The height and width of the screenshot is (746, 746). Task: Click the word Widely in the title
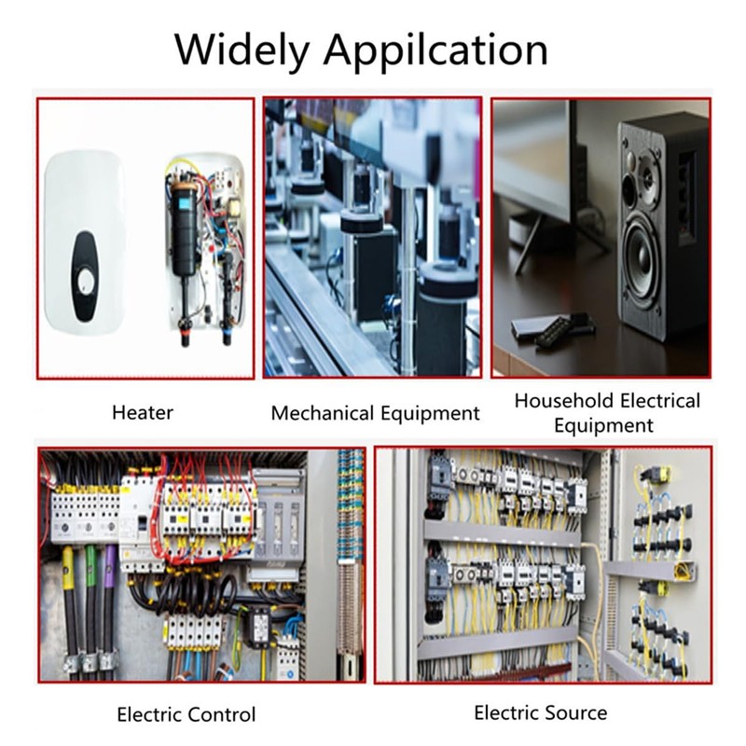242,50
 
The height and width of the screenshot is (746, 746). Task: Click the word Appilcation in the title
435,50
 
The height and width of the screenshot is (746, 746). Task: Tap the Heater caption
143,412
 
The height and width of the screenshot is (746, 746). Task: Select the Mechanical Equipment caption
376,413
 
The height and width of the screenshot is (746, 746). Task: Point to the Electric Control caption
186,714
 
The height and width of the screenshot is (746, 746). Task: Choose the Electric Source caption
541,712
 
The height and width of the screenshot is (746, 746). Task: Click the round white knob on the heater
86,282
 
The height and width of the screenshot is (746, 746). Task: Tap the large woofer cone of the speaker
641,262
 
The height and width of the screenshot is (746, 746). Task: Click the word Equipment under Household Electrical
603,425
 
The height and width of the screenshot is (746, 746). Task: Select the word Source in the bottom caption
575,712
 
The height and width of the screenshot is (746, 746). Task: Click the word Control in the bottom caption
220,714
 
